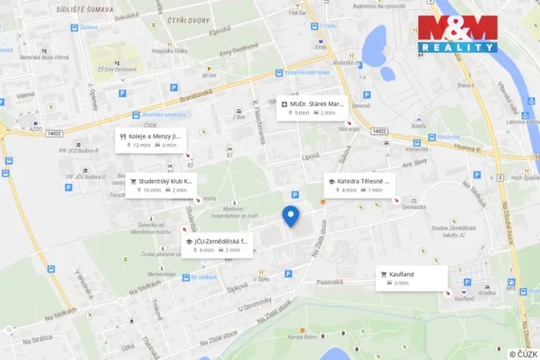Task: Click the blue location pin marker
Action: (290, 216)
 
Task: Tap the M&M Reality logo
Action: (458, 33)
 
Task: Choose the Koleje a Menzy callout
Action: (150, 140)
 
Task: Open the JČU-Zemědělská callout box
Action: (218, 245)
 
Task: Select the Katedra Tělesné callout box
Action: (358, 185)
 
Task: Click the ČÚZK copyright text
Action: (522, 354)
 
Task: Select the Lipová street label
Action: (310, 156)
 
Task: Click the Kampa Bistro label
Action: (302, 337)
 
